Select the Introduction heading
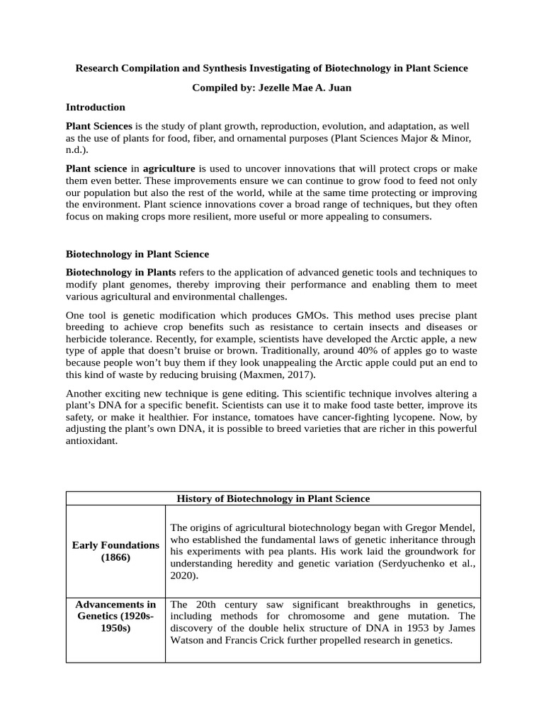click(x=96, y=107)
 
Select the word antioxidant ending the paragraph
click(x=90, y=441)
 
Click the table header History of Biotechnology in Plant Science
click(x=273, y=498)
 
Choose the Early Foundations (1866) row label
click(x=115, y=552)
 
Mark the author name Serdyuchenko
click(x=397, y=564)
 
